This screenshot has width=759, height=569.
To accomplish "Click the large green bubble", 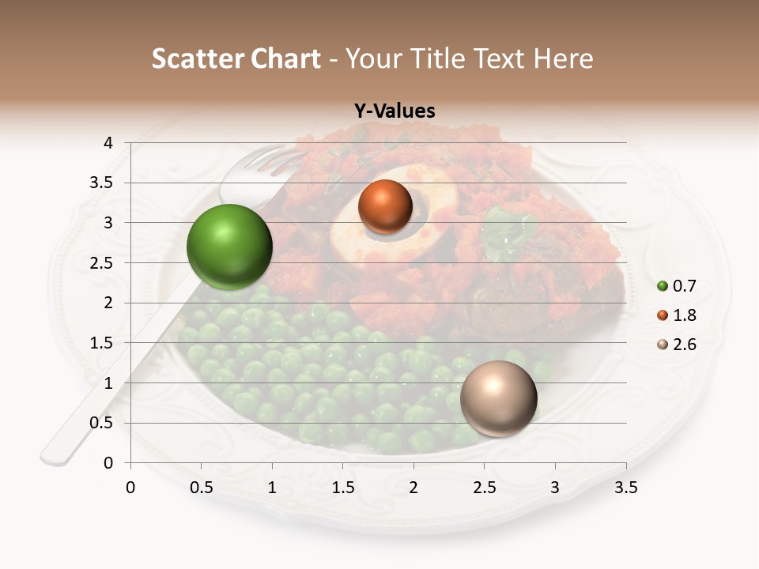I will (x=229, y=247).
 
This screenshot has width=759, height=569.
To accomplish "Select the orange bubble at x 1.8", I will (x=385, y=207).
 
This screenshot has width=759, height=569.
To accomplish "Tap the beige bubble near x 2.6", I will (x=498, y=398).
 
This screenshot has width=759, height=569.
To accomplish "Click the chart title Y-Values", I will (x=395, y=111).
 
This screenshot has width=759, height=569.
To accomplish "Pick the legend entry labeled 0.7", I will (x=678, y=286).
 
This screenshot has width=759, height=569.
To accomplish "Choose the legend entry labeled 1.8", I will (x=678, y=315).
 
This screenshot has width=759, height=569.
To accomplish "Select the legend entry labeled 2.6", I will (x=678, y=345).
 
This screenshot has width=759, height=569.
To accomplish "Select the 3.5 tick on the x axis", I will (x=625, y=488).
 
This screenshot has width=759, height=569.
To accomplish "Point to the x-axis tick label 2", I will (x=413, y=488).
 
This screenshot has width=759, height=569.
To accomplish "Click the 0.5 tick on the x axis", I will (x=202, y=488).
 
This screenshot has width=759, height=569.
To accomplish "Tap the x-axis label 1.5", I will (x=343, y=488).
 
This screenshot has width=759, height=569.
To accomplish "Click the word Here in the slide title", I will (x=563, y=59).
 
